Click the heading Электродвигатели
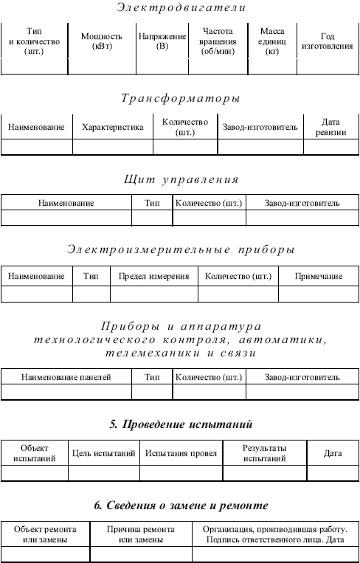(180, 9)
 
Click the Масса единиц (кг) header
(273, 41)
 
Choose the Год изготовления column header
(327, 41)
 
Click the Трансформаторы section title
(180, 98)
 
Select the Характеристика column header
(112, 127)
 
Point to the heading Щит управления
(180, 179)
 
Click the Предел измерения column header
(154, 276)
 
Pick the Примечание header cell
(319, 276)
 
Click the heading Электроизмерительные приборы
(180, 249)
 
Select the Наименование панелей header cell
(66, 377)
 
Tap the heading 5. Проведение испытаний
(180, 424)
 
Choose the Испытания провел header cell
(180, 453)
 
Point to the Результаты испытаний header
(264, 453)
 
